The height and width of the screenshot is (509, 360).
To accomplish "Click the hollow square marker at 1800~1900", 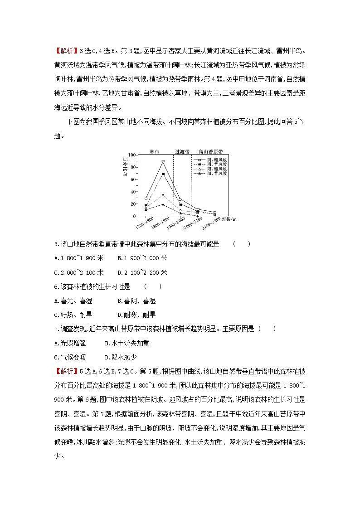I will coord(163,161).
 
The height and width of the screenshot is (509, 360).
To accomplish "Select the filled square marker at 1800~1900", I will coord(163,174).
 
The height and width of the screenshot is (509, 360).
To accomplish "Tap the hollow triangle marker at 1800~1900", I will coord(163,195).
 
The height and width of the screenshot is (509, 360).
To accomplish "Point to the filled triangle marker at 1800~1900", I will coord(163,204).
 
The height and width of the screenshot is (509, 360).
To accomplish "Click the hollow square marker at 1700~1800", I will coord(146,199).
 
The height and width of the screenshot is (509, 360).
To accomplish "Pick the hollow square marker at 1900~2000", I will coord(180,199).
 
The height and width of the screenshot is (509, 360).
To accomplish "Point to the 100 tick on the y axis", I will coord(132,155).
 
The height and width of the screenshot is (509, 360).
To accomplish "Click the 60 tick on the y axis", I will coord(132,179).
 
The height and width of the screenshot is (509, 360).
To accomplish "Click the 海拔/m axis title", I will coord(229,219).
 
